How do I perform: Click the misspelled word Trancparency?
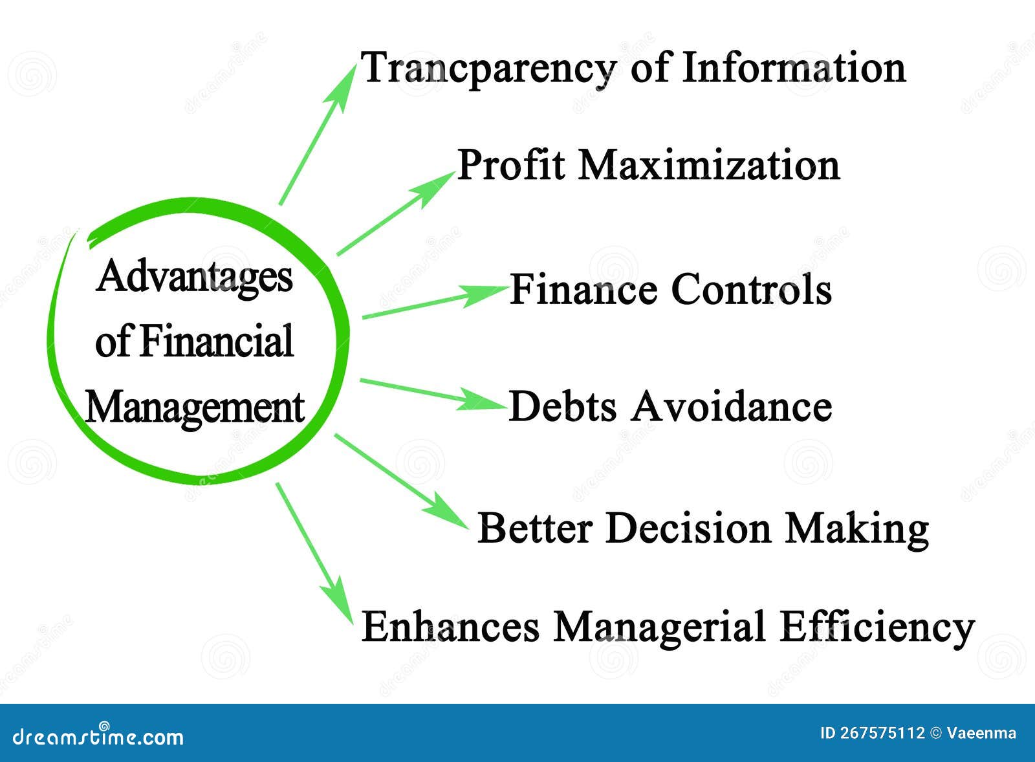[x=488, y=69]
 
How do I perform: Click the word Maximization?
[x=709, y=165]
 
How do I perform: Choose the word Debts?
[x=562, y=407]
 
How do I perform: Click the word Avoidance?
[x=732, y=407]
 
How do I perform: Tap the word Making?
[x=857, y=529]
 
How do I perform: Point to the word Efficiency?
[x=877, y=627]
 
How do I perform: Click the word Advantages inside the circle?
[x=195, y=277]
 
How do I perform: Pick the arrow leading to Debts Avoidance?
[x=432, y=394]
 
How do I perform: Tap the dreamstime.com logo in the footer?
[x=98, y=736]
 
